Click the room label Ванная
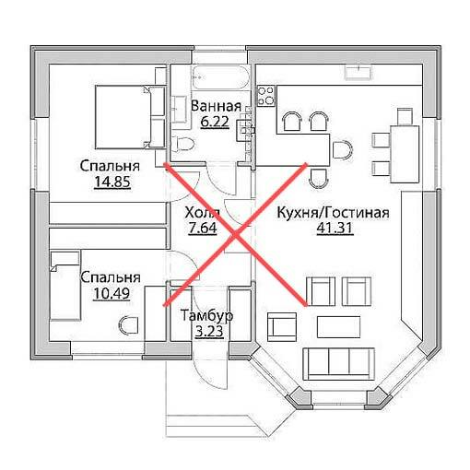(x=216, y=106)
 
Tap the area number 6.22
(x=215, y=122)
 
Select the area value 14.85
(x=112, y=182)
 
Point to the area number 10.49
(x=112, y=293)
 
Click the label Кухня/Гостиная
(x=333, y=213)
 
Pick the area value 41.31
(x=335, y=228)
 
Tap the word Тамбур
(x=206, y=316)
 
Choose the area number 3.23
(x=209, y=332)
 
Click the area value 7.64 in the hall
(x=203, y=228)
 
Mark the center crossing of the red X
(x=236, y=235)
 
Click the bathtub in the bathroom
(x=220, y=77)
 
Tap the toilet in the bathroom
(x=182, y=144)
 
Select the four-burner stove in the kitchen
(x=266, y=96)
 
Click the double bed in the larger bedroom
(x=130, y=117)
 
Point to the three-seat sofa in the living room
(x=339, y=364)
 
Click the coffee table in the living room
(x=338, y=327)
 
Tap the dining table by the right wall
(x=405, y=154)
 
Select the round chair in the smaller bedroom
(x=128, y=325)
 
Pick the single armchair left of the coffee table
(x=282, y=327)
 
